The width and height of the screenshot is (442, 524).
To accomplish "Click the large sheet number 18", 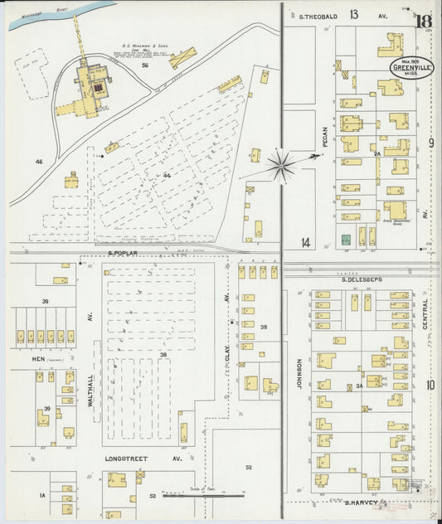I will [424, 22].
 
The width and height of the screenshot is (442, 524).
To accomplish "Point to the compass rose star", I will [282, 165].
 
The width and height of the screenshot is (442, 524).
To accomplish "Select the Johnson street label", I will [298, 373].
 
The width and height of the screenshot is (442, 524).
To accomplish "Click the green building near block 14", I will [346, 239].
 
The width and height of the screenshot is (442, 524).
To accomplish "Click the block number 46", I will [37, 162].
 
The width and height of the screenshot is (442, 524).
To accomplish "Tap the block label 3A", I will [359, 386].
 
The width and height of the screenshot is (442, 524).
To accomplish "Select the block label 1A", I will [42, 495].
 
